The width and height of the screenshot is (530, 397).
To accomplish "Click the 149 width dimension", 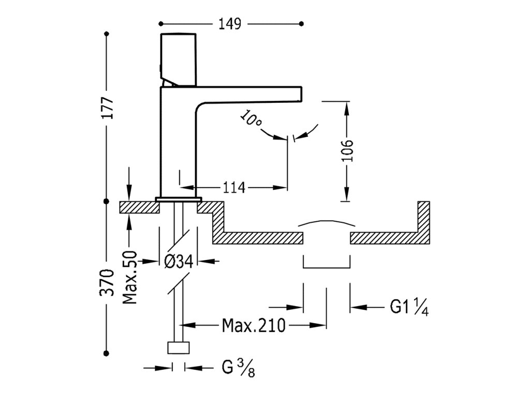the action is pos(230,24).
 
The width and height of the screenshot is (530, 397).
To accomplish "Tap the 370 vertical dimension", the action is pos(107,282).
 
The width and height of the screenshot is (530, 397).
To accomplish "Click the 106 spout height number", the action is pos(347,150).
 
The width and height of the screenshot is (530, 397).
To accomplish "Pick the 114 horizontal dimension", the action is pos(234,187).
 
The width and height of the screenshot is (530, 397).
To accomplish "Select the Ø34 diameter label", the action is pos(179,261).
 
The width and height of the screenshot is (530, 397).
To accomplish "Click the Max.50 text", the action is pos(130,278).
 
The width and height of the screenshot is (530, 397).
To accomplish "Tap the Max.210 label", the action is pos(254,326).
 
